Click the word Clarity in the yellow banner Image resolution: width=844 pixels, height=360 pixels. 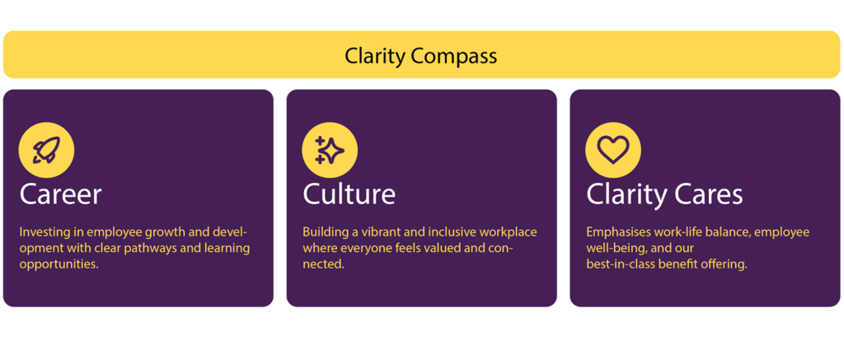tap(375, 56)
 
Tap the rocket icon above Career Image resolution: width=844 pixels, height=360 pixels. tap(46, 150)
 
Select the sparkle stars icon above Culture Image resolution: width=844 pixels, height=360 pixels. tap(330, 150)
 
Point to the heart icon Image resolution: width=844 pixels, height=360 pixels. tap(613, 150)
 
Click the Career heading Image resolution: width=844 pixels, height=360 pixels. tap(60, 194)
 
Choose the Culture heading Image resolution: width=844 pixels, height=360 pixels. tap(349, 194)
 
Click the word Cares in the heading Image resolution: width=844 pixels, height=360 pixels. tap(710, 194)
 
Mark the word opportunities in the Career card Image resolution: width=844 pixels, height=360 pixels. tap(59, 264)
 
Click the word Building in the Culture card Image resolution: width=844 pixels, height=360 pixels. tap(326, 232)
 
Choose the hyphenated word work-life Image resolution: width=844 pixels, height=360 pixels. tap(685, 232)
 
